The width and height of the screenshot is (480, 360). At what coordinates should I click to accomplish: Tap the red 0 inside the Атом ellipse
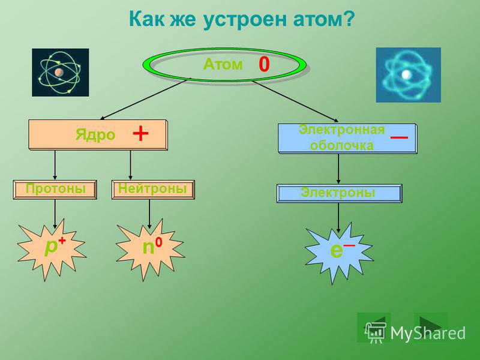tap(264, 65)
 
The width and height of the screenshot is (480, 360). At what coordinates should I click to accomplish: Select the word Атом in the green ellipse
tap(223, 64)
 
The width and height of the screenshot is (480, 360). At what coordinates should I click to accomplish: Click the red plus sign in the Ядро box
tap(141, 134)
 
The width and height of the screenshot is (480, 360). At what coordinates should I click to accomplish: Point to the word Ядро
tap(95, 135)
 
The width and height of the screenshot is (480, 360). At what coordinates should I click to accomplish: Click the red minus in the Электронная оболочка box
tap(399, 137)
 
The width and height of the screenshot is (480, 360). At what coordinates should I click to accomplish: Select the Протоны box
tap(55, 190)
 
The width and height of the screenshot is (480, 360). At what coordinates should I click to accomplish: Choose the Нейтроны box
tap(153, 190)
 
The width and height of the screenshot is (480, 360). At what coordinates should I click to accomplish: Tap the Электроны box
tap(340, 193)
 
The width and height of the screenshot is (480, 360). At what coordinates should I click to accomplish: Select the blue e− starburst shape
tap(339, 253)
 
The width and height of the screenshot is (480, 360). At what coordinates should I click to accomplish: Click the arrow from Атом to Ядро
tap(144, 99)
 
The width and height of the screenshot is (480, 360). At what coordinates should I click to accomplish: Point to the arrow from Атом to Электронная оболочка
tap(295, 101)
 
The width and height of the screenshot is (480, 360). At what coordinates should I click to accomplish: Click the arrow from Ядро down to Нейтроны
tap(130, 165)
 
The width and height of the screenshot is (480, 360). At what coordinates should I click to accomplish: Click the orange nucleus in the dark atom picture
tap(59, 73)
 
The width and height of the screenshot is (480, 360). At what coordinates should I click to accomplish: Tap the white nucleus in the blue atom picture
tap(407, 74)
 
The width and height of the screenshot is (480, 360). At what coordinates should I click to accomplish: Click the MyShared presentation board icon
tap(375, 333)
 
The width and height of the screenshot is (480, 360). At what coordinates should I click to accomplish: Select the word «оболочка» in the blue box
tap(341, 145)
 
